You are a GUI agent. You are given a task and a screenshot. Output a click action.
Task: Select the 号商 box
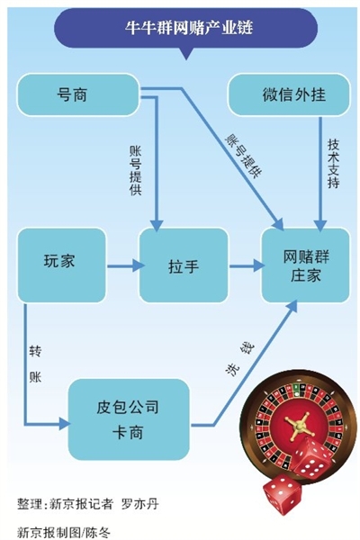click(x=77, y=93)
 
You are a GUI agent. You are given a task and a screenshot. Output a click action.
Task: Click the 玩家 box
click(x=61, y=264)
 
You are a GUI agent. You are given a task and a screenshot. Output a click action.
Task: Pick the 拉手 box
click(x=182, y=266)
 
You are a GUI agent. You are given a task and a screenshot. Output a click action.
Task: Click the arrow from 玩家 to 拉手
click(x=122, y=266)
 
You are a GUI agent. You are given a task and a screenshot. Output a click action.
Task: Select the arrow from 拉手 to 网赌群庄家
click(x=243, y=266)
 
